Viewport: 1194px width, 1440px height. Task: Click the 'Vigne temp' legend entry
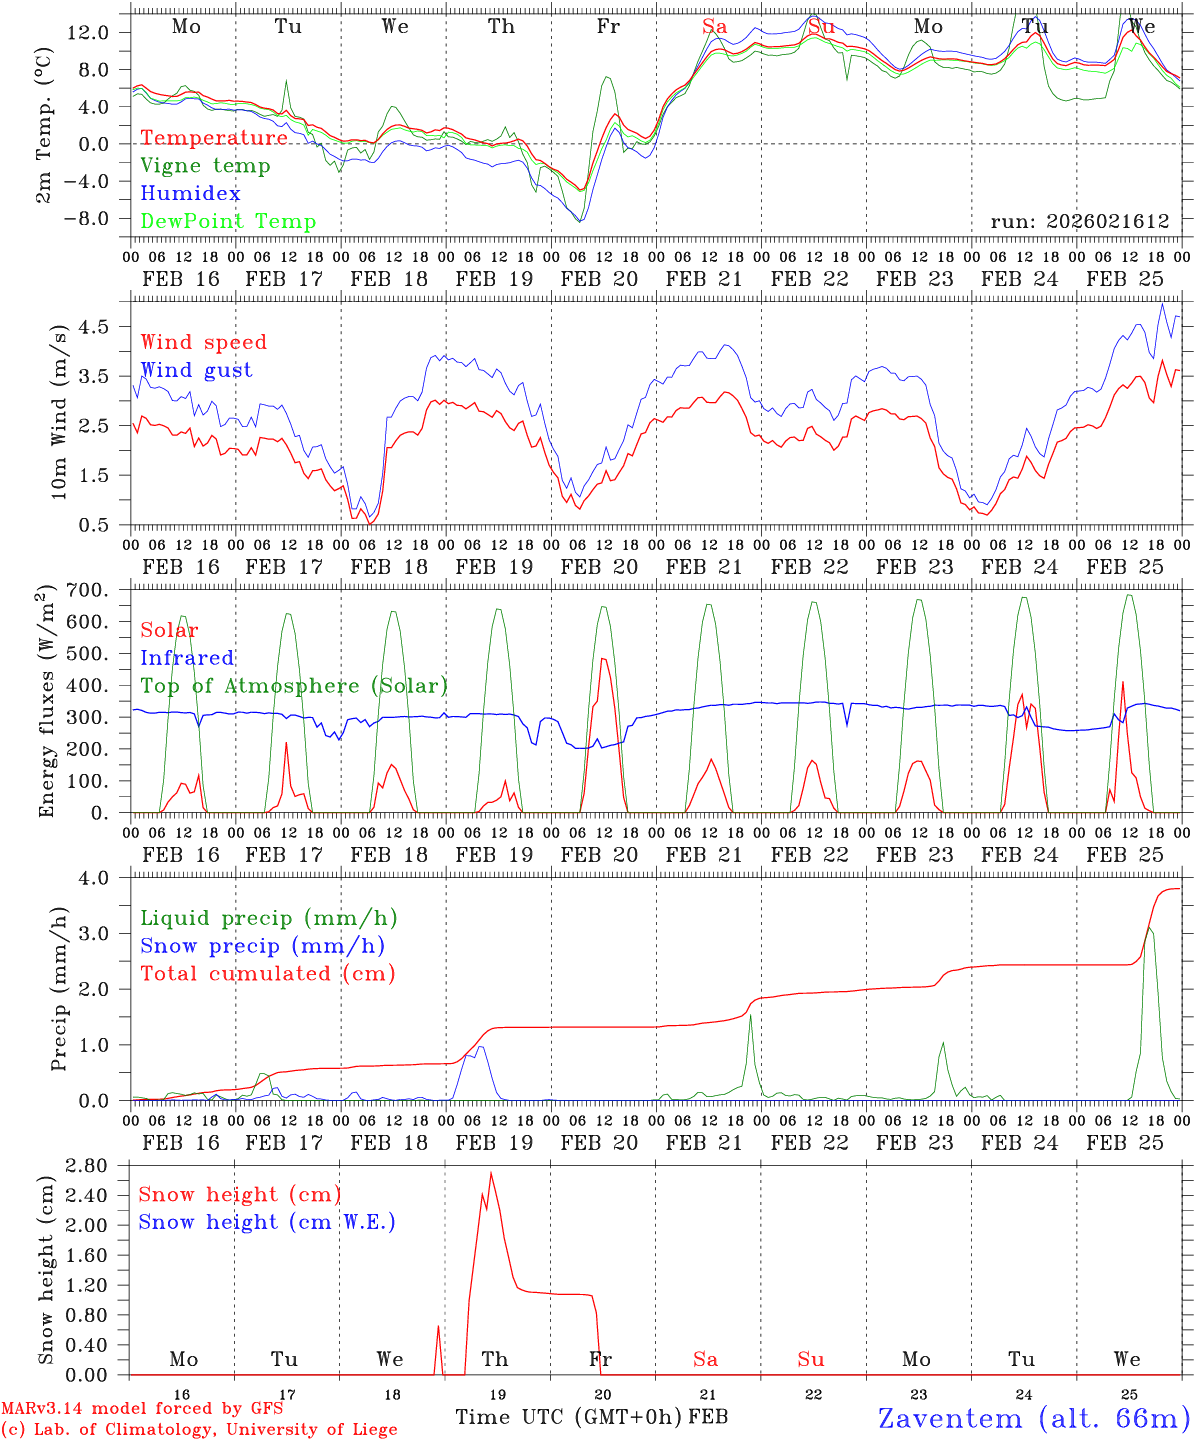(x=205, y=166)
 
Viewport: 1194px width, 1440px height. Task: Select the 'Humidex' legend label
(x=190, y=194)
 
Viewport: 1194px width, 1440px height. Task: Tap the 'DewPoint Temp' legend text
(x=228, y=222)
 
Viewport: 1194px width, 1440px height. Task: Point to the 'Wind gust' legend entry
(x=196, y=370)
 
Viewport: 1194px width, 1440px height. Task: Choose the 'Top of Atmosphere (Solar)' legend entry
(x=294, y=686)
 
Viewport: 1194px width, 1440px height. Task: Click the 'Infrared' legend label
(x=187, y=658)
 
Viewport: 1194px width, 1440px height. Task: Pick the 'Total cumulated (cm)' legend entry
(x=268, y=973)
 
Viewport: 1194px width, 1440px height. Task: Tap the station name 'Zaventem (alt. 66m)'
(x=1034, y=1418)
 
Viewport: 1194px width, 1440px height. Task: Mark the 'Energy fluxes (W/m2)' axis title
(x=46, y=703)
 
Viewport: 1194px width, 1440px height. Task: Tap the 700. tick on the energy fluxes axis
(x=87, y=591)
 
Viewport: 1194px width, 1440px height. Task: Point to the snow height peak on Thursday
(x=491, y=1173)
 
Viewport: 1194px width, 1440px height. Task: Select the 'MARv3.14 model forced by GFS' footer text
(x=142, y=1409)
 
